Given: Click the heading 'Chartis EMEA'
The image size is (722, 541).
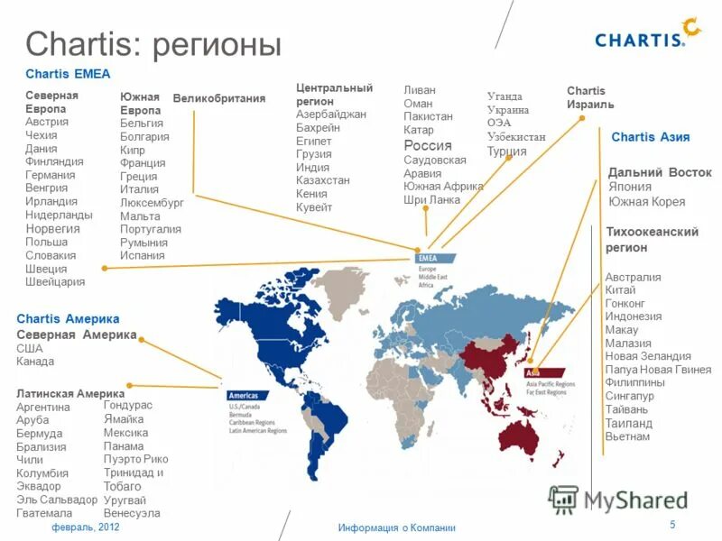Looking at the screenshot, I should click(68, 74).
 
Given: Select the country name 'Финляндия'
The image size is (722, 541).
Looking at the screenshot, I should click(54, 161).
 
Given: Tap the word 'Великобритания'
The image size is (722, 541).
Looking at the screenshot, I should click(219, 98).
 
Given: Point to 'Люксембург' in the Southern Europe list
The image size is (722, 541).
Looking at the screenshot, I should click(152, 203).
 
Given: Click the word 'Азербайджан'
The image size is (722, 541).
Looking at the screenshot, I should click(331, 115).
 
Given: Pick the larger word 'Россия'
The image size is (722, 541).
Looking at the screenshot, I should click(428, 145).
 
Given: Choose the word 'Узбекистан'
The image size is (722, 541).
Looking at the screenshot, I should click(516, 136).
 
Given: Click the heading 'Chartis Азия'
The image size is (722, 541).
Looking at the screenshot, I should click(650, 137).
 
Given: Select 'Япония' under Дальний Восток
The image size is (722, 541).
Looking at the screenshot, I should click(630, 187).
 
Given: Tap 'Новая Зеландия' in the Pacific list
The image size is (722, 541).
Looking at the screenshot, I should click(648, 356).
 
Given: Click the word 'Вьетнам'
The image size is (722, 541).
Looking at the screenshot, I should click(627, 436).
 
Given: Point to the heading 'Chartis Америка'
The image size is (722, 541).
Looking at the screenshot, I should click(68, 319).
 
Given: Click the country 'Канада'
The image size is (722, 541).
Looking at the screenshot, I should click(35, 362).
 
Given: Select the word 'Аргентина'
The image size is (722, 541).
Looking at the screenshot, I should click(43, 408).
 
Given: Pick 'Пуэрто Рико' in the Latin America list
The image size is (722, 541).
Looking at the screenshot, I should click(135, 459).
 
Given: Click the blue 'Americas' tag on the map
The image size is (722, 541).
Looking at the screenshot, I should click(244, 396).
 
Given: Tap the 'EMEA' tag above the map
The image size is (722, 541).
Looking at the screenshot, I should click(429, 258).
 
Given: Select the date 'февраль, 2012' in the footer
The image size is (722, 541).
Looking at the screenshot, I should click(85, 527).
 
